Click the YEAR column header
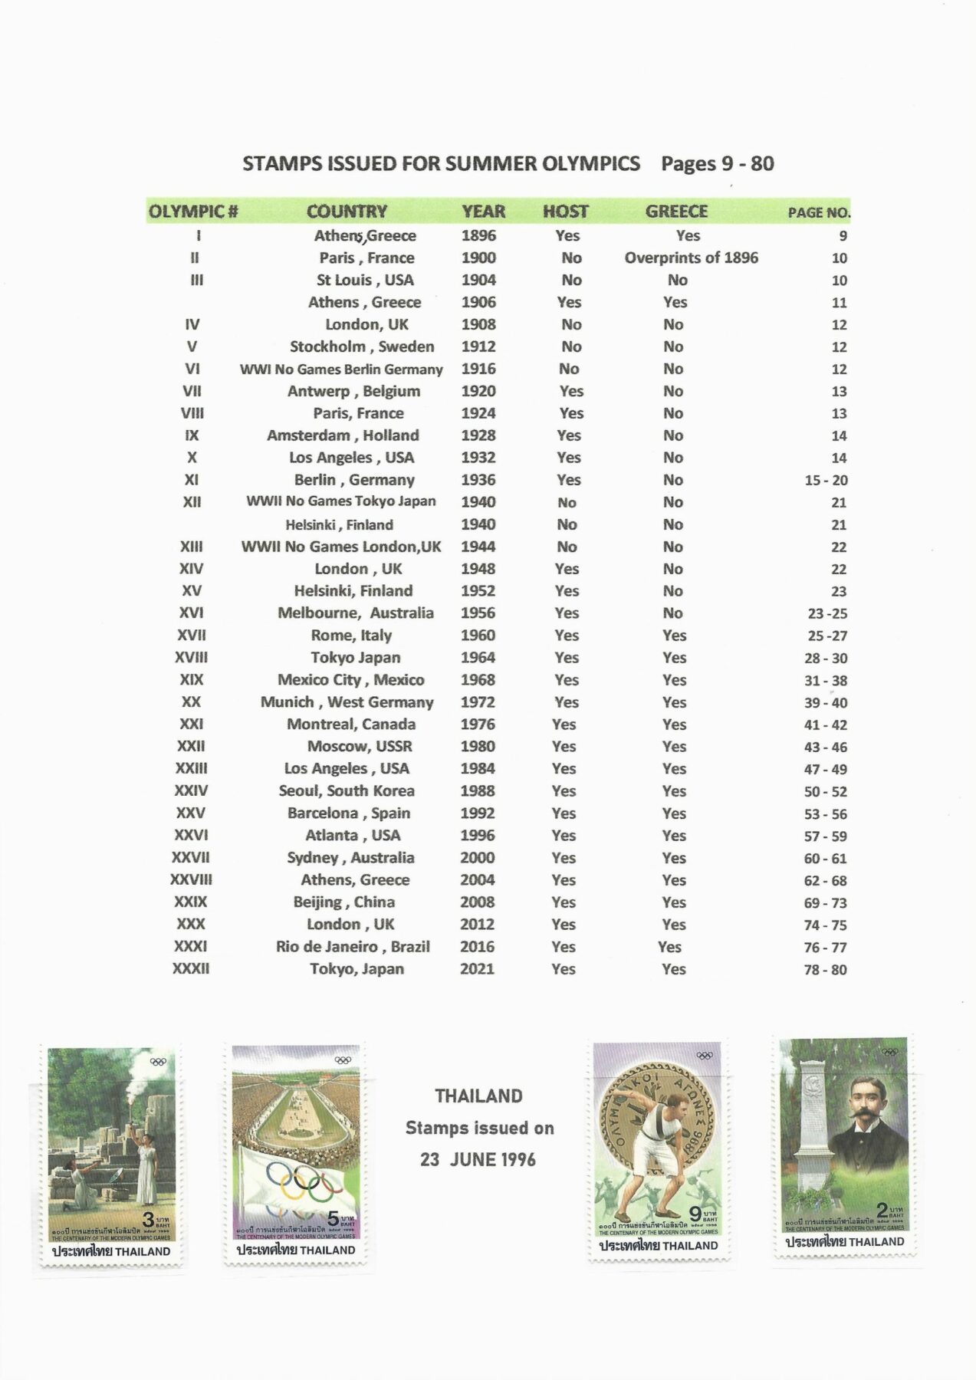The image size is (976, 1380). pyautogui.click(x=483, y=212)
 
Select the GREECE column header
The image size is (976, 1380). pyautogui.click(x=675, y=212)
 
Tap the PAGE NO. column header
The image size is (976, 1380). pyautogui.click(x=819, y=212)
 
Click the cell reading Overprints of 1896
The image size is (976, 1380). pyautogui.click(x=691, y=258)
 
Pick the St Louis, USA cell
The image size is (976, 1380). pyautogui.click(x=365, y=280)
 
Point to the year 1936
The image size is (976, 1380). pyautogui.click(x=478, y=480)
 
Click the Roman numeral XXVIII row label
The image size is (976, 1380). pyautogui.click(x=191, y=880)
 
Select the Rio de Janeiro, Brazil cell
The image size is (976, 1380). pyautogui.click(x=353, y=947)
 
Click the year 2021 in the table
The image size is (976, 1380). pyautogui.click(x=477, y=969)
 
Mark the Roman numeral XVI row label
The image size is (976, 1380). pyautogui.click(x=191, y=613)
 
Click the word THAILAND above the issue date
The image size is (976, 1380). pyautogui.click(x=478, y=1096)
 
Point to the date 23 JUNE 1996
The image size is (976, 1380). pyautogui.click(x=478, y=1159)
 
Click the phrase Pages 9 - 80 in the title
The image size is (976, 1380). pyautogui.click(x=717, y=163)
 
